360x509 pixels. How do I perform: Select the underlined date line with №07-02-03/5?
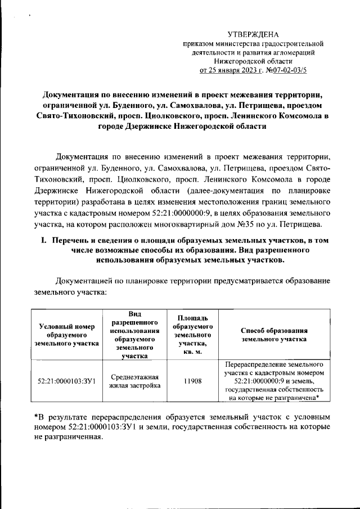click(253, 70)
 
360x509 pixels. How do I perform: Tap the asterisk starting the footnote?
click(36, 417)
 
